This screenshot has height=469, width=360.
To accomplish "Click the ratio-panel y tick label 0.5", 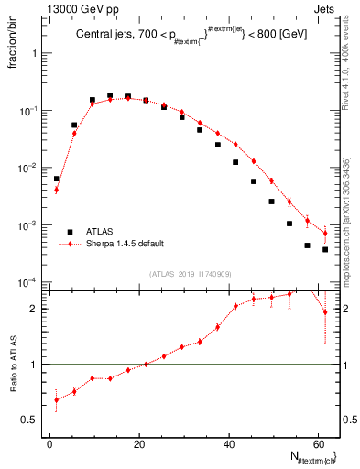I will click(32, 420).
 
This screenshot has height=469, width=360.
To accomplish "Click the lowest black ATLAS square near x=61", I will click(325, 249).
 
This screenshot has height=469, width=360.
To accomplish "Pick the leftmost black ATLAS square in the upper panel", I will click(57, 179).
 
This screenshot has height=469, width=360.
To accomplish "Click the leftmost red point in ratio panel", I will click(57, 399).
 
